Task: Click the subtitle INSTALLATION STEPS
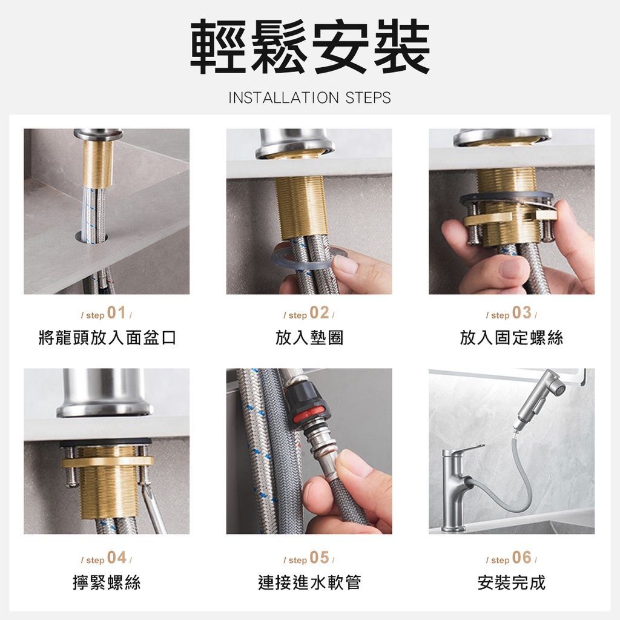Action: coord(309,97)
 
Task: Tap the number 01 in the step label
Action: coord(116,313)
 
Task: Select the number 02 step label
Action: coord(319,313)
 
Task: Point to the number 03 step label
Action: coord(521,313)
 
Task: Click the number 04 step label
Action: coord(117,558)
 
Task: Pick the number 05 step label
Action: coord(319,558)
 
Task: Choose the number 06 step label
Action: coord(521,558)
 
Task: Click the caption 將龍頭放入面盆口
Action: coord(107,338)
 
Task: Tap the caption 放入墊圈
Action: coord(309,338)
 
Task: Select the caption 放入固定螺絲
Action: coord(512,338)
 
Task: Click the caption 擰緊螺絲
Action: coord(107,582)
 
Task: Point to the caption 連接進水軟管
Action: coord(309,582)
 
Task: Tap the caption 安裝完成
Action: coord(512,582)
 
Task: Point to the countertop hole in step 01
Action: coord(91,237)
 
